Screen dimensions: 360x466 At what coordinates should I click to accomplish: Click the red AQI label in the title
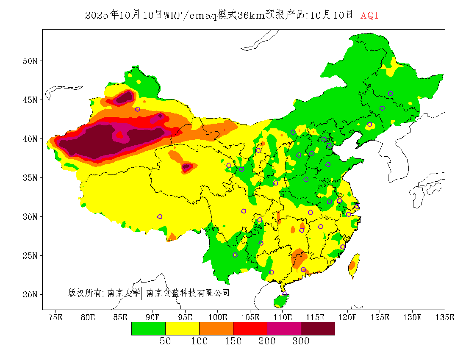tap(369, 16)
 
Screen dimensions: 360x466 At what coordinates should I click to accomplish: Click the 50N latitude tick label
tap(30, 61)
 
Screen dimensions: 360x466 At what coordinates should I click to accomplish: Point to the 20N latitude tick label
tap(30, 294)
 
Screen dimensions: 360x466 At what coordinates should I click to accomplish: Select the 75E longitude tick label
tap(55, 317)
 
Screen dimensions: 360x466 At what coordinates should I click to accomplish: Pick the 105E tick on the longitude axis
tap(250, 317)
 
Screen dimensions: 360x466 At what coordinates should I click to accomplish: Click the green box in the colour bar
tap(148, 328)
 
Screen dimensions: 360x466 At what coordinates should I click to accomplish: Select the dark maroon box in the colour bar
tap(318, 328)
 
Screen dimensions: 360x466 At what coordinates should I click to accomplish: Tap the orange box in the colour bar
tap(216, 328)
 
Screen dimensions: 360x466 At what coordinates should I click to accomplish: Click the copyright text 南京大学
tap(123, 293)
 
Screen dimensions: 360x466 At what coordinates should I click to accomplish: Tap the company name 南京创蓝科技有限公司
tap(188, 293)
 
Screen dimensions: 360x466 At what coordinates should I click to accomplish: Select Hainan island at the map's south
tap(281, 301)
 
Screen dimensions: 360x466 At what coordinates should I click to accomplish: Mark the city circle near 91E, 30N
tap(160, 216)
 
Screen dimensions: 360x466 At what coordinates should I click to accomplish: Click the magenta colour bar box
tap(284, 328)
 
